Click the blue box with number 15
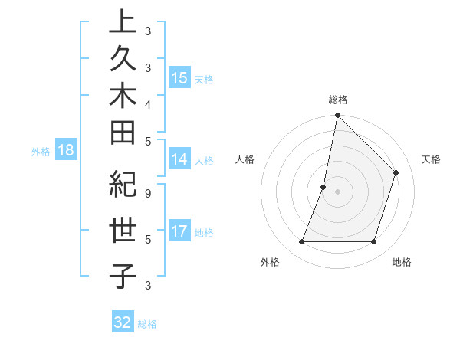tap(179, 78)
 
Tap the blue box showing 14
tap(179, 159)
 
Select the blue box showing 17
tap(179, 231)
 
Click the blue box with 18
tap(66, 150)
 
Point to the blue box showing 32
tap(123, 322)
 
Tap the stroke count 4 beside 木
tap(147, 103)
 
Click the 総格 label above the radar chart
tap(337, 100)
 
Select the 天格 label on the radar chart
tap(431, 159)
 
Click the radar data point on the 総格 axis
tap(337, 115)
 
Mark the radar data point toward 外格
tap(301, 242)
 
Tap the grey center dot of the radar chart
tap(337, 191)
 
